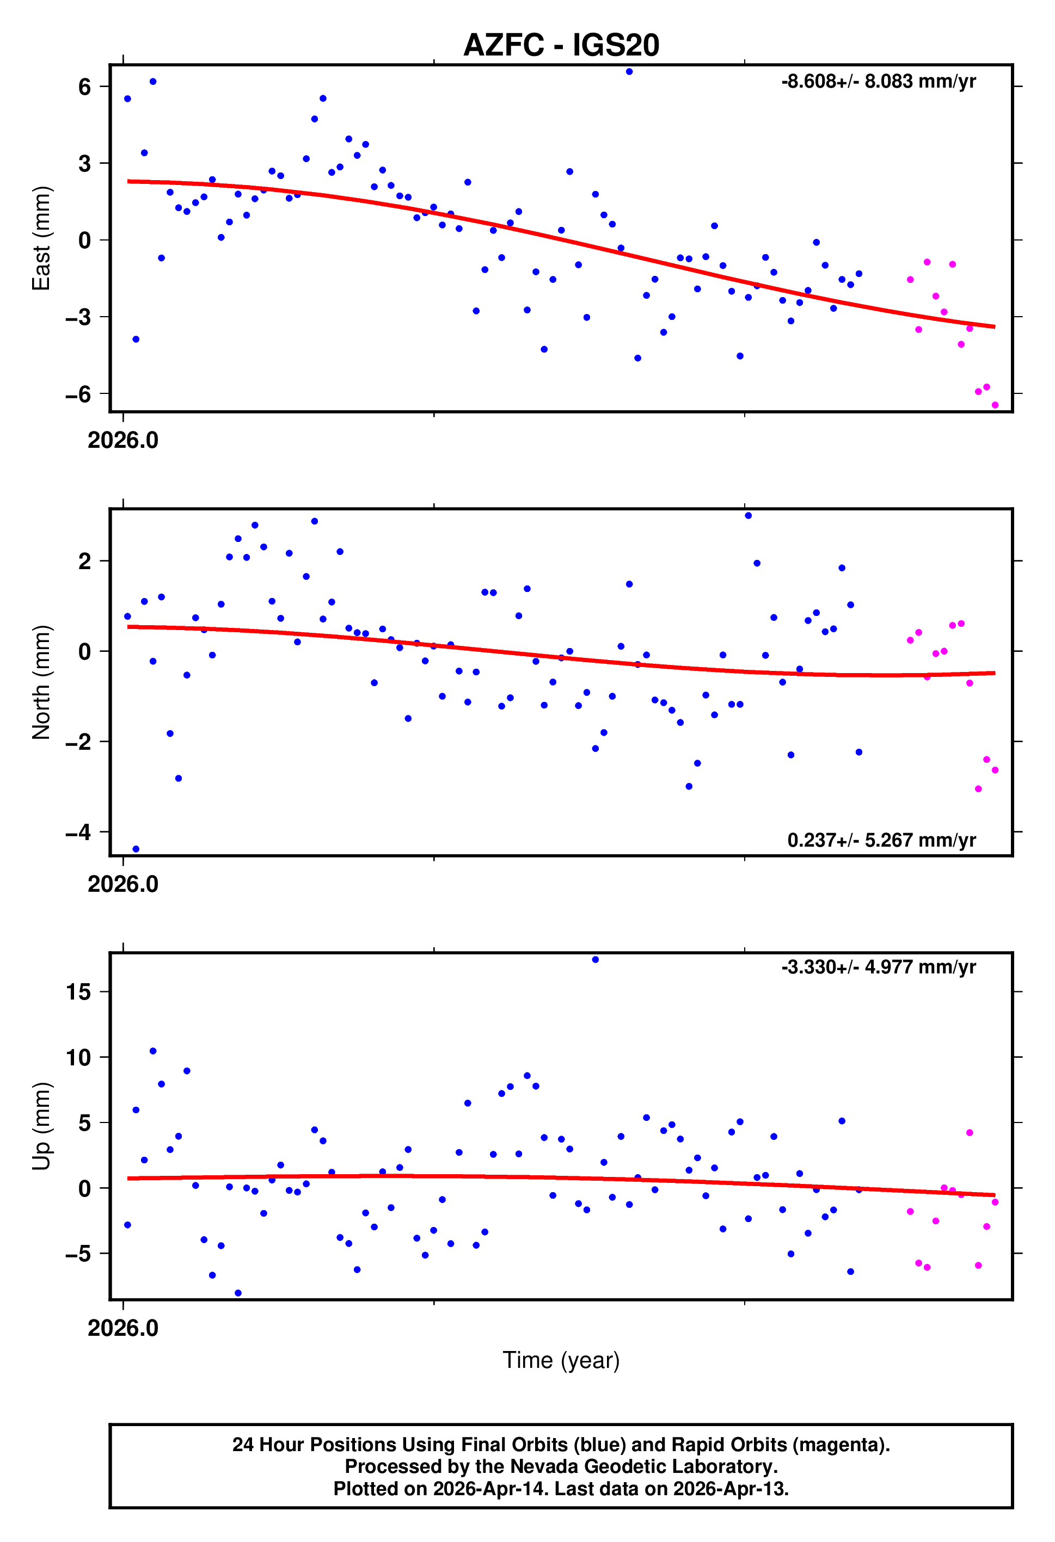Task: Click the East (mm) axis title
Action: tap(41, 238)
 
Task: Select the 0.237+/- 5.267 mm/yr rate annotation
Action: tap(881, 840)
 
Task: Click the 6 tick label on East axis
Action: tap(84, 87)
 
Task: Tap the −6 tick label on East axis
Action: tap(78, 394)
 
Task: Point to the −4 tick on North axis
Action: tap(78, 832)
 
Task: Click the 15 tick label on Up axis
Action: tap(78, 992)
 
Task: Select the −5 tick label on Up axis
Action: tap(78, 1254)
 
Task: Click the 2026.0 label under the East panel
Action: tap(123, 440)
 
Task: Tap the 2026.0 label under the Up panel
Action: tap(123, 1328)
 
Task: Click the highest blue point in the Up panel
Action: tap(595, 959)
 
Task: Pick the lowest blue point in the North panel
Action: tap(136, 849)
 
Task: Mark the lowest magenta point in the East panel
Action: tap(995, 405)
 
